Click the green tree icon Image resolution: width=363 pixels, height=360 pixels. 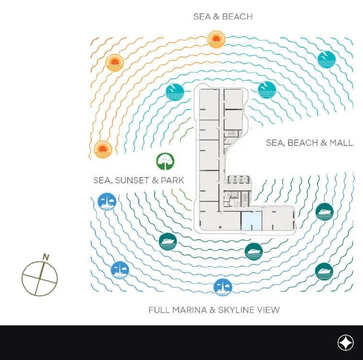(165, 161)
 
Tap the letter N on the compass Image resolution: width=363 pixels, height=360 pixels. (46, 257)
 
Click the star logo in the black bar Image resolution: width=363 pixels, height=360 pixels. (345, 342)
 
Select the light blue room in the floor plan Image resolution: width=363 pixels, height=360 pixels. (251, 221)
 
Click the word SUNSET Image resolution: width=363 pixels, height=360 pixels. (132, 180)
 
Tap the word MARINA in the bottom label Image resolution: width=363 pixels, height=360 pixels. (190, 310)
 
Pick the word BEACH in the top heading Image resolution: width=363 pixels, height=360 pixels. (237, 17)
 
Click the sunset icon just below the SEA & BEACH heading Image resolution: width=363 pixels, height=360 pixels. (216, 40)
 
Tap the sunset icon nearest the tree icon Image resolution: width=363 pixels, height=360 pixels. (103, 150)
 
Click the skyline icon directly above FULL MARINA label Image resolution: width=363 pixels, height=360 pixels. (223, 287)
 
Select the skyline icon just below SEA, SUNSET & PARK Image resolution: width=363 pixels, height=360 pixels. (107, 201)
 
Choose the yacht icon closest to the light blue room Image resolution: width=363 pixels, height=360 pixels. (253, 252)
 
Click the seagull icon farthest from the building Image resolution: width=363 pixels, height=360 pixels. (326, 60)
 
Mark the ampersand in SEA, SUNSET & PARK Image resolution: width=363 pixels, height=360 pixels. (155, 180)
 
